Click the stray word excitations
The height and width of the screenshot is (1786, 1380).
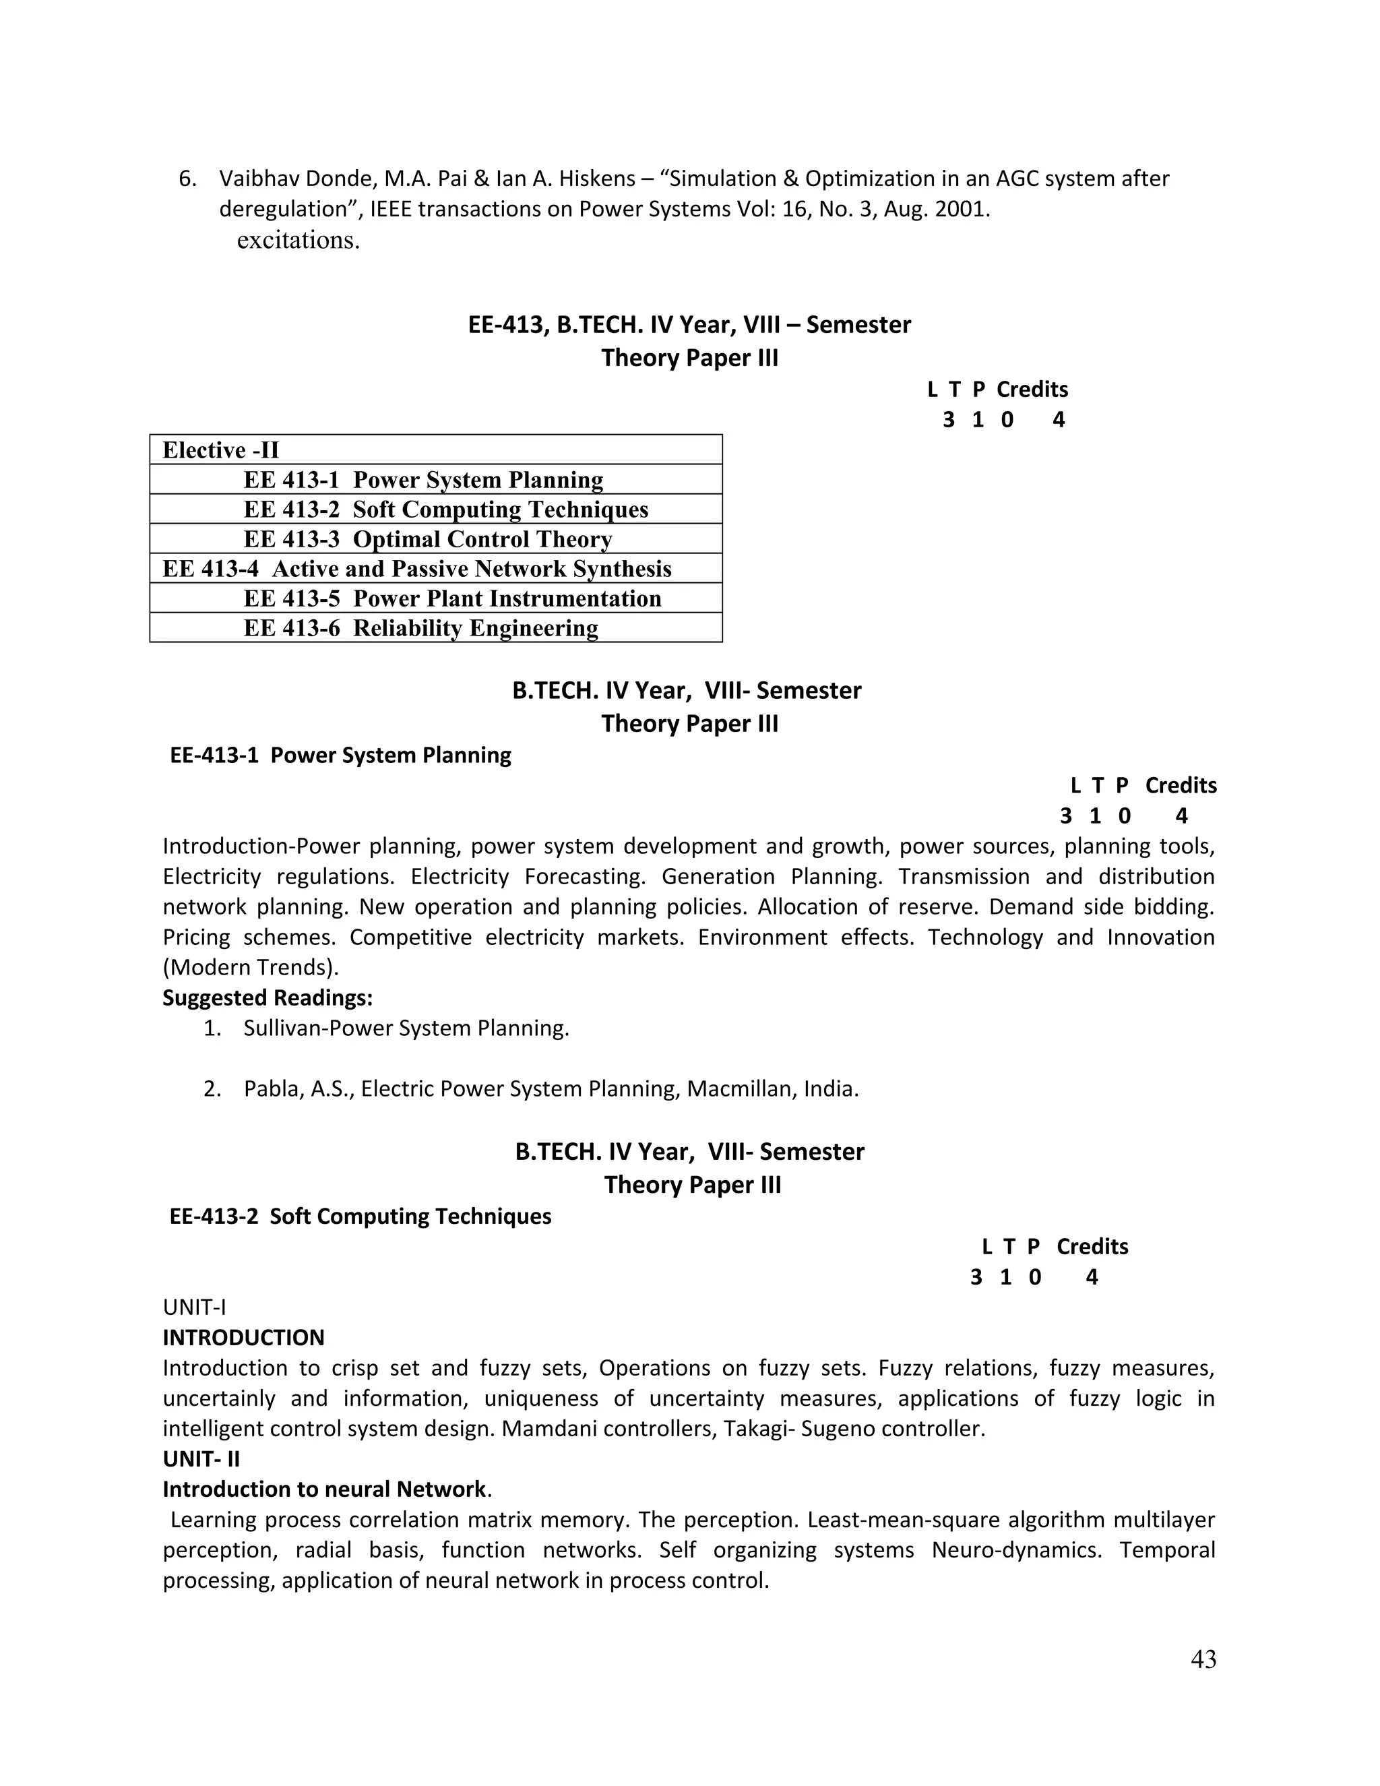coord(299,241)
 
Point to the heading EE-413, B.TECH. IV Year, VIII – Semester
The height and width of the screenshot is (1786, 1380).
coord(689,325)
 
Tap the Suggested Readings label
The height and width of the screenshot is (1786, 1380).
coord(268,997)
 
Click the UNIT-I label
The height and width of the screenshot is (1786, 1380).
coord(195,1307)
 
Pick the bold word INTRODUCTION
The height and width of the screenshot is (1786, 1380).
coord(244,1337)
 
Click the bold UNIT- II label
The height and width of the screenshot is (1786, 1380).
coord(201,1459)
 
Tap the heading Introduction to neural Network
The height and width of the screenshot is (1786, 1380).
coord(325,1489)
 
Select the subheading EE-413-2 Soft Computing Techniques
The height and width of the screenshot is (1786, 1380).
coord(360,1216)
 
